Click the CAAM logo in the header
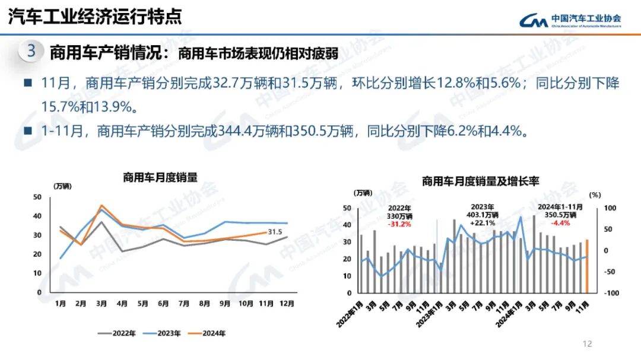point(570,21)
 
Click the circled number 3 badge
point(31,51)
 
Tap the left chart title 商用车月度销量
point(160,177)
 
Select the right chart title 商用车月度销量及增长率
point(480,181)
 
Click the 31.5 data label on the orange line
point(275,232)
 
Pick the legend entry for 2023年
point(163,333)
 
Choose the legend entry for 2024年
point(209,333)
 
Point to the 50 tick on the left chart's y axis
point(37,197)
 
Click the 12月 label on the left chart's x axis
point(287,304)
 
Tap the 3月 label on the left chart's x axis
point(101,304)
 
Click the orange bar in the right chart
point(587,266)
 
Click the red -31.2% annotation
point(399,224)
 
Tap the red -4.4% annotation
point(560,223)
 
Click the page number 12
point(588,344)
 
